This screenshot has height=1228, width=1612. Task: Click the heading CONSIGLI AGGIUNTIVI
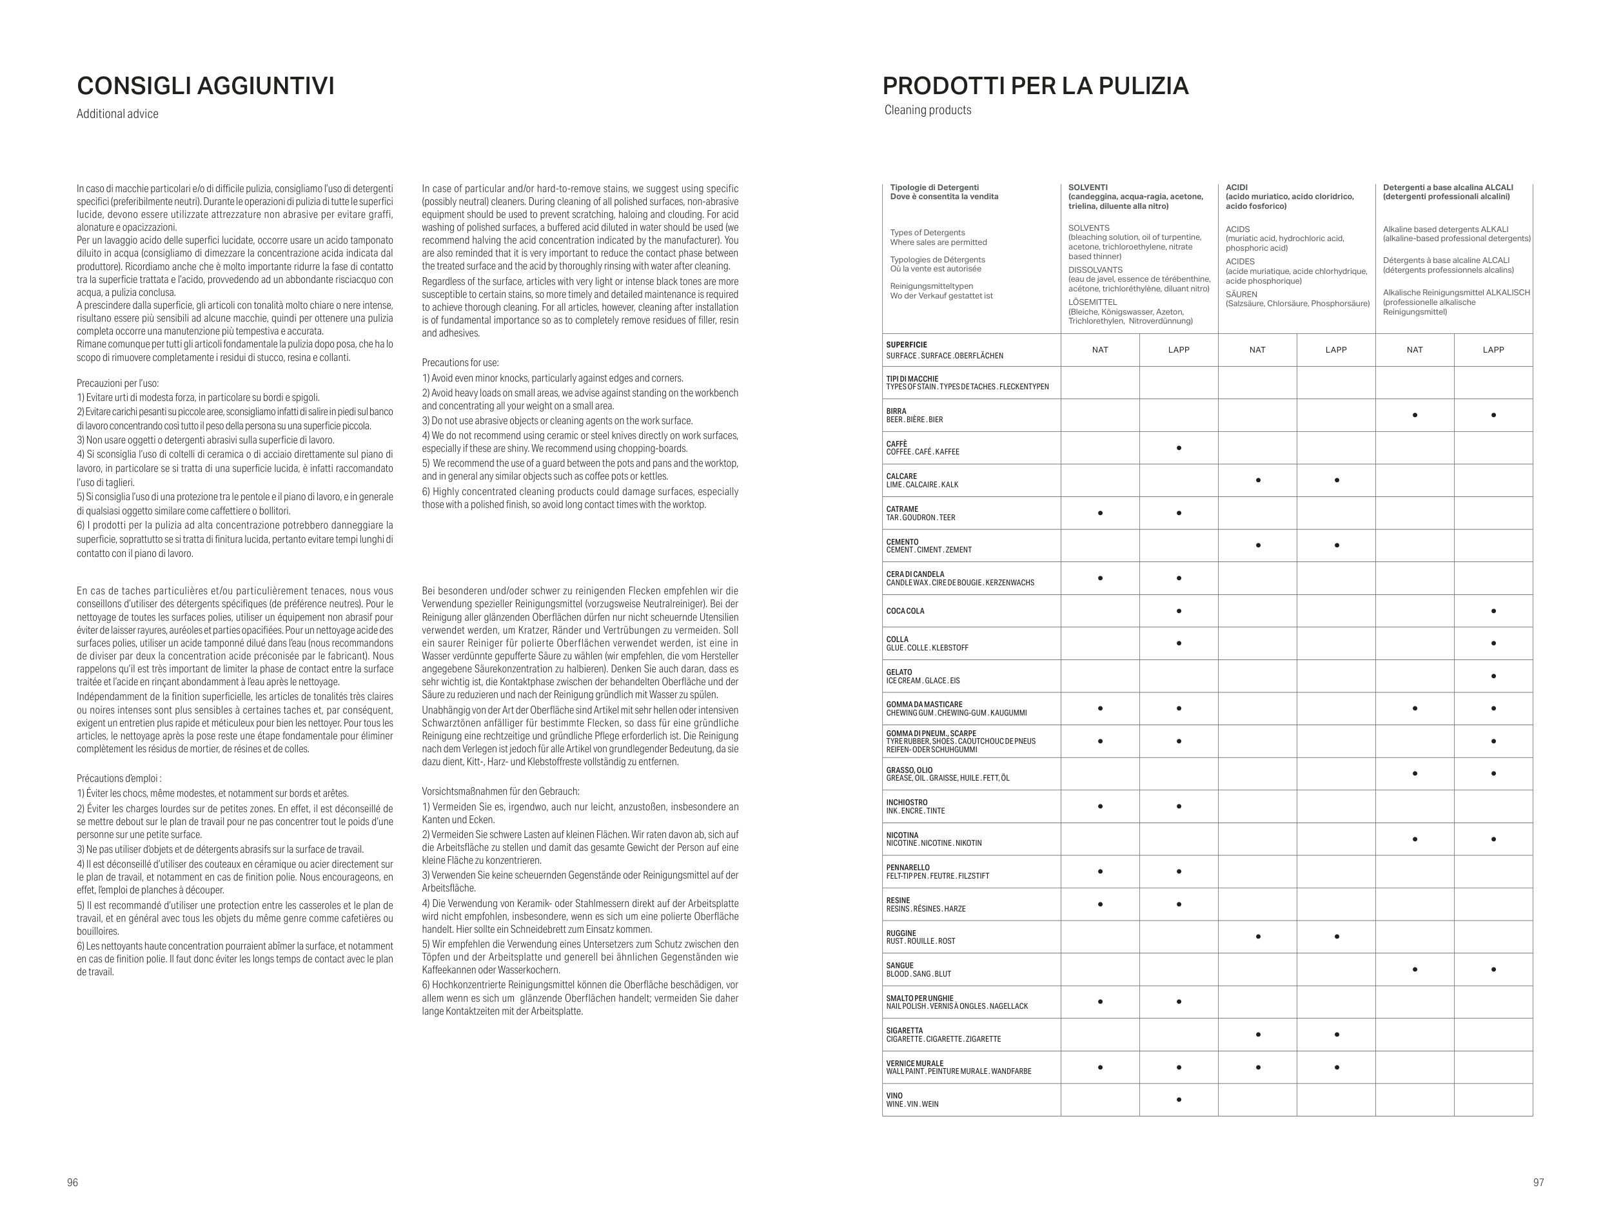pos(206,86)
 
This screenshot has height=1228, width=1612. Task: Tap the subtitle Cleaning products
pos(928,110)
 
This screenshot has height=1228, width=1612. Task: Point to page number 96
pos(72,1182)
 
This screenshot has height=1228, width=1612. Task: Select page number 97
pos(1538,1182)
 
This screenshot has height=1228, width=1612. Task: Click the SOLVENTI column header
pos(1088,188)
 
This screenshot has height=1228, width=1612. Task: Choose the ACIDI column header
pos(1237,188)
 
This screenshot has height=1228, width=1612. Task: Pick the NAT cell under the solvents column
pos(1099,350)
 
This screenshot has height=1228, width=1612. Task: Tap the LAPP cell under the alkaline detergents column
pos(1493,350)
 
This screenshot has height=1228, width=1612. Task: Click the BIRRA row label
pos(896,411)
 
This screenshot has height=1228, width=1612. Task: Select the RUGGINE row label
pos(901,933)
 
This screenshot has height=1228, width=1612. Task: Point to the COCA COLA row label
pos(905,611)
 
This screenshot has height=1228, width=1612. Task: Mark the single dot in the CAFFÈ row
pos(1179,448)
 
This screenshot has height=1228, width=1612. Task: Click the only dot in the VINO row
pos(1179,1099)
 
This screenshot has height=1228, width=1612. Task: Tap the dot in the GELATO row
pos(1493,676)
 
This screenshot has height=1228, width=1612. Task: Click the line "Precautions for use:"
pos(460,362)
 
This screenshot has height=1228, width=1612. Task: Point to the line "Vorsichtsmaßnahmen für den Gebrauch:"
pos(500,791)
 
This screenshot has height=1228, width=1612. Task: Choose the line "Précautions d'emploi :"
pos(119,779)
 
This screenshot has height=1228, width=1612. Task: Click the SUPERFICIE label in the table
pos(907,345)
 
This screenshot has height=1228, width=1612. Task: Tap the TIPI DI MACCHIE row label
pos(912,378)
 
